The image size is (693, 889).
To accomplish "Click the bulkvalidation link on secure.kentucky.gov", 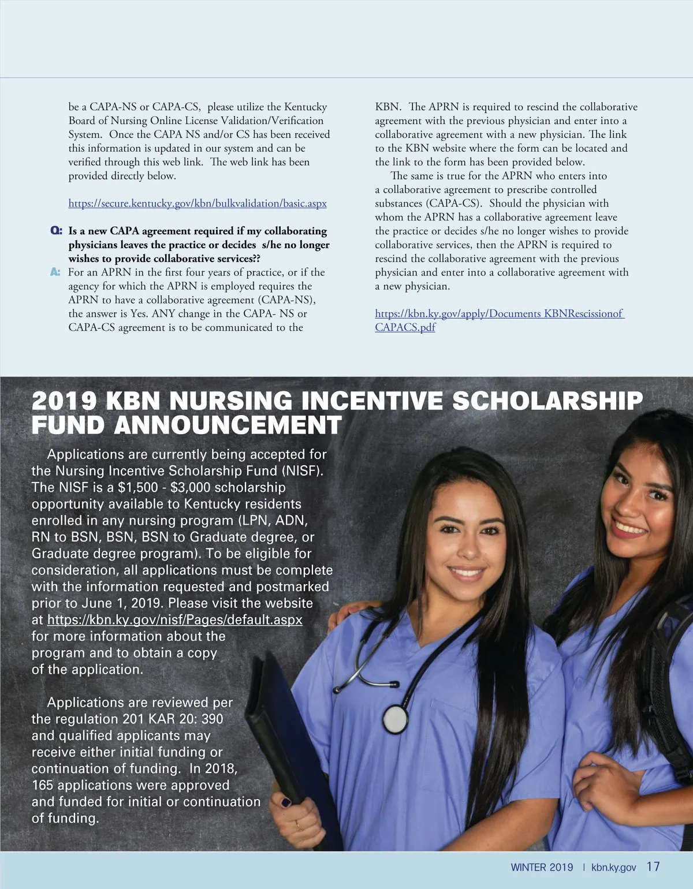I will [198, 204].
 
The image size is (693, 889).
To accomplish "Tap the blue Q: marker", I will [56, 231].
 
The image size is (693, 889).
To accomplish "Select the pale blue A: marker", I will [55, 272].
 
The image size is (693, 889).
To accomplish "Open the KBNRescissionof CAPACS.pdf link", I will [499, 314].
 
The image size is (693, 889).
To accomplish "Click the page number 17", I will [653, 866].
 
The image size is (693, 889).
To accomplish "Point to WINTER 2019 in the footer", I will [542, 867].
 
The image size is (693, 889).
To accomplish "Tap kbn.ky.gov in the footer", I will [613, 867].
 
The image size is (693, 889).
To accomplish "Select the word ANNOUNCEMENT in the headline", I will [228, 426].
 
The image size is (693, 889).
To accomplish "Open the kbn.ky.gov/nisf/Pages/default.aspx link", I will [174, 620].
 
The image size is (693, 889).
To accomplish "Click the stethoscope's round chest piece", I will [395, 719].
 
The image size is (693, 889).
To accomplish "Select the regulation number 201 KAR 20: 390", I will [173, 719].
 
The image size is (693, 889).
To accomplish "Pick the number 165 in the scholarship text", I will [42, 786].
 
